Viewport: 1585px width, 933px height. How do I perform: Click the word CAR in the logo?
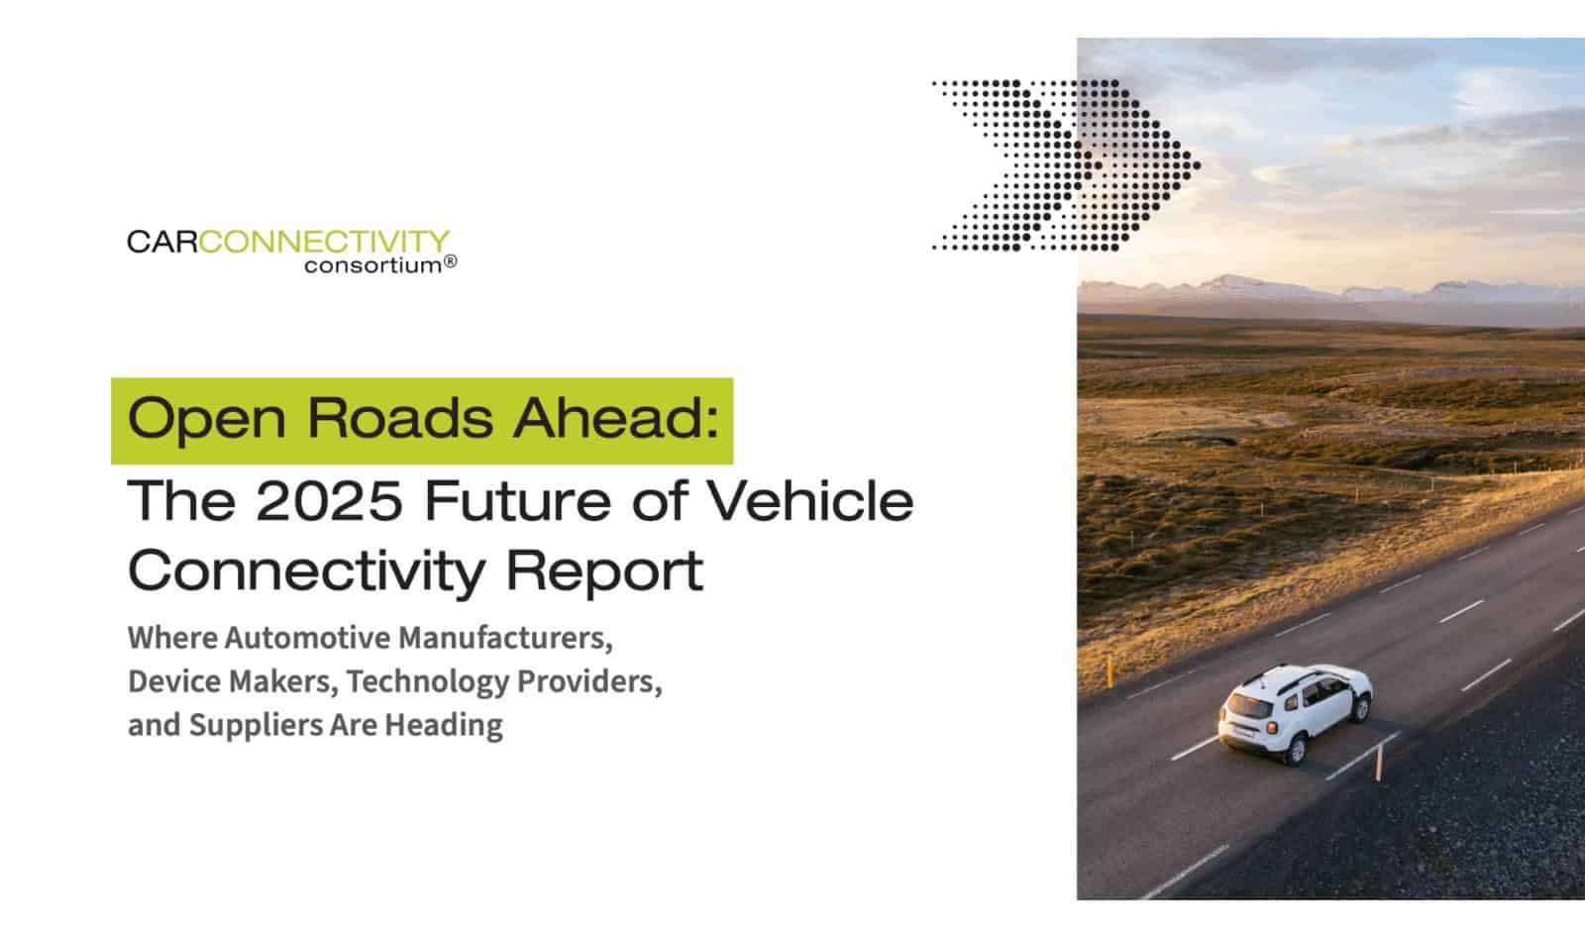162,242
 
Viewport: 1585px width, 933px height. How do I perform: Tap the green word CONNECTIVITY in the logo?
324,242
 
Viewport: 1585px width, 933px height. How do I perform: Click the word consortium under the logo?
372,265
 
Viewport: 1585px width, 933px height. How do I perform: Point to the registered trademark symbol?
450,262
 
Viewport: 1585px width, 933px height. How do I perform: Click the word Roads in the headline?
400,418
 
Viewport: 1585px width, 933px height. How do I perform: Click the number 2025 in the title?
330,501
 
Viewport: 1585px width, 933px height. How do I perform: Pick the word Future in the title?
518,501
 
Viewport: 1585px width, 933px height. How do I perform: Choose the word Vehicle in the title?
810,500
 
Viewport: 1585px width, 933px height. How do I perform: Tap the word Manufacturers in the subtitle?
506,638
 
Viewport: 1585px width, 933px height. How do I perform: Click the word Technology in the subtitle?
427,682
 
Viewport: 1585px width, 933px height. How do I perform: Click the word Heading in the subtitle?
444,726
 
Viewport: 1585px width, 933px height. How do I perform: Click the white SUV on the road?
1294,713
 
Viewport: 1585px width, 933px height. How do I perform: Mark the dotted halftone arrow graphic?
1066,165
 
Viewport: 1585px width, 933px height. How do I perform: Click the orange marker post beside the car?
1378,764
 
